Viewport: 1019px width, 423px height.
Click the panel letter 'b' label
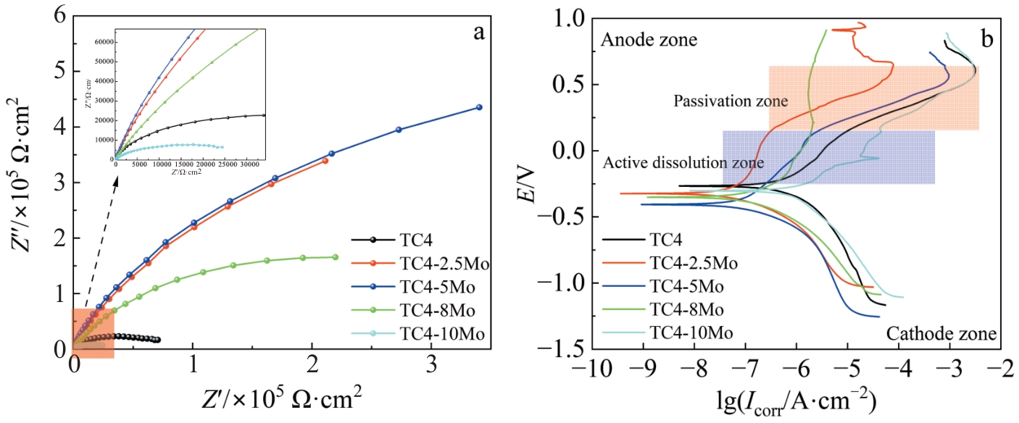tap(987, 40)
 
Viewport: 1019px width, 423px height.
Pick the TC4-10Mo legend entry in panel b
tap(691, 332)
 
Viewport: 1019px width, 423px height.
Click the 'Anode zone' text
tap(649, 41)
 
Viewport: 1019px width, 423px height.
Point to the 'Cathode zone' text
tap(941, 334)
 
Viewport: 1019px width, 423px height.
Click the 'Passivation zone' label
tap(721, 101)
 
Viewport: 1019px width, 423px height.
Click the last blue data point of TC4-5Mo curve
tap(479, 107)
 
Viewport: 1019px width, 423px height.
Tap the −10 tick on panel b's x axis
tap(592, 364)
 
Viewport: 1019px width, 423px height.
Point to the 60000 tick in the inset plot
tap(106, 42)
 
